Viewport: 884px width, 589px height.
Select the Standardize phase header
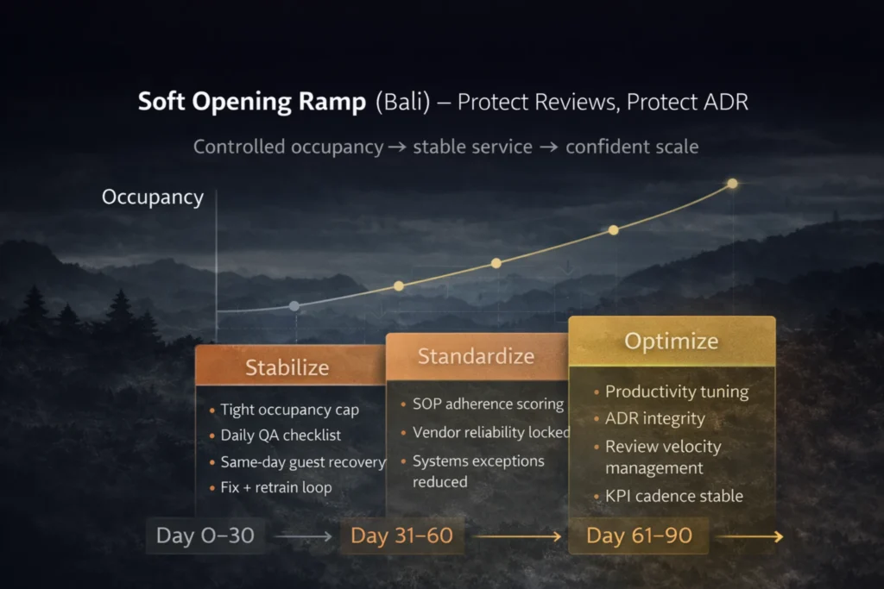477,356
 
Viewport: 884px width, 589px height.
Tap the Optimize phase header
672,341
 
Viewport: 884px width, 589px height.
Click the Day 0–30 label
205,536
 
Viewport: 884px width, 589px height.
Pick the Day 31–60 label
401,536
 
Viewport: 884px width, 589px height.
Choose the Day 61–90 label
639,536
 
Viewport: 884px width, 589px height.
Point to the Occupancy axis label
153,197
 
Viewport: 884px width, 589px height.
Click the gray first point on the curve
294,306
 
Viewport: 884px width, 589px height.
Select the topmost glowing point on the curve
732,184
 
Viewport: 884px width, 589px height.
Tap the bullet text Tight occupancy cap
290,410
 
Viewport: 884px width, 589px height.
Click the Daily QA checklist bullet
281,435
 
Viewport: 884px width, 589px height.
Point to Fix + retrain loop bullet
276,487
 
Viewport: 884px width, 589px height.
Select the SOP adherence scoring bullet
489,404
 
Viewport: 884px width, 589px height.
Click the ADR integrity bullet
655,418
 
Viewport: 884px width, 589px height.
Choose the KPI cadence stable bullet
674,496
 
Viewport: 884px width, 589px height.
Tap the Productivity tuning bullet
677,392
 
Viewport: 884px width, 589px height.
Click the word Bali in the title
403,102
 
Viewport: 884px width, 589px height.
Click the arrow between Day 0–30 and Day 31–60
303,536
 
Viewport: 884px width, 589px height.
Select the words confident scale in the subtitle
632,147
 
